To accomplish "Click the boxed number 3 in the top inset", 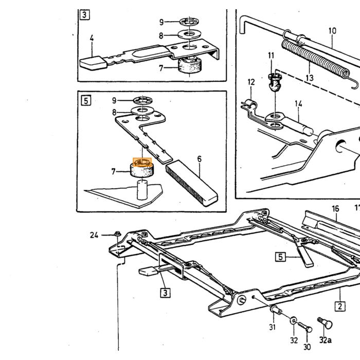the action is point(84,15).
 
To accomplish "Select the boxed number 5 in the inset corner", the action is point(86,101).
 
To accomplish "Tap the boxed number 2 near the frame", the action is point(340,307).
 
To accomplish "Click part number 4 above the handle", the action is point(92,38).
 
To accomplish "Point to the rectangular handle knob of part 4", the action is point(93,62).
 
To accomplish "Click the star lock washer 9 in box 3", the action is point(189,22).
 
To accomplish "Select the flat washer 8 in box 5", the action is point(142,111).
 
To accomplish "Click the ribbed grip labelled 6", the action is point(192,183).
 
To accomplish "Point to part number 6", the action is point(200,159).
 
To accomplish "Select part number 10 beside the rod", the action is point(332,31).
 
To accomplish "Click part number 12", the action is point(251,82).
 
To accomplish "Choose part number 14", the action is point(298,104).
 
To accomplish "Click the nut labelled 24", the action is point(118,234).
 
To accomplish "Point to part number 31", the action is point(272,327).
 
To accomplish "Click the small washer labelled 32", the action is point(293,320).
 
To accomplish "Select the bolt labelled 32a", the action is point(325,322).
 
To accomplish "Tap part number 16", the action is point(335,209).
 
